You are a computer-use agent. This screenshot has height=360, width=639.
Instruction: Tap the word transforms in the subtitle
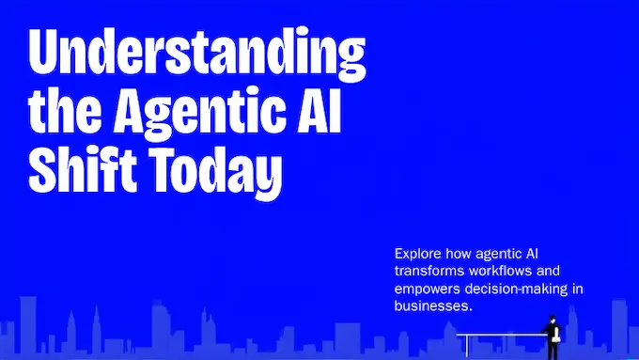(427, 271)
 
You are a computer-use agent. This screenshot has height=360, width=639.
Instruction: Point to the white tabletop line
(498, 334)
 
